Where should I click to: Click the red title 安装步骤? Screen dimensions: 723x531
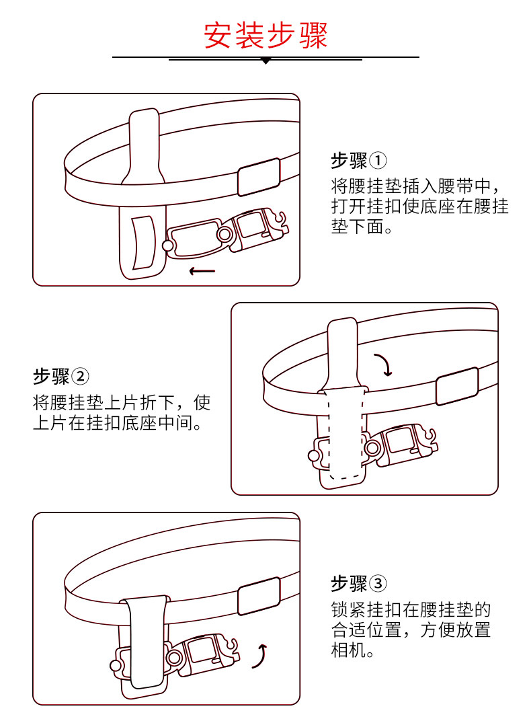point(265,36)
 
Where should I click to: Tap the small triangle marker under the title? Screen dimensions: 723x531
point(265,61)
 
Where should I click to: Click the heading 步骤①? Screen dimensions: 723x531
point(359,161)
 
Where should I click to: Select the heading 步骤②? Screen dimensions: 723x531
point(61,376)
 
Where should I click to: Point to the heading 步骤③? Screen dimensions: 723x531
point(359,582)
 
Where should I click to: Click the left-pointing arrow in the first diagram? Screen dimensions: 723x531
point(202,271)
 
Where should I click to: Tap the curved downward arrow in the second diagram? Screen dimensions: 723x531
point(385,365)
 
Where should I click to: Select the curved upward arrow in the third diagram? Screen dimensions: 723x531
point(260,656)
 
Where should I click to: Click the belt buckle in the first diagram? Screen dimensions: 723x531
point(259,176)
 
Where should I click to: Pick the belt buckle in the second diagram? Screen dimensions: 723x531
point(457,386)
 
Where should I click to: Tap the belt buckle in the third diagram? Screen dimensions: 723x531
point(259,596)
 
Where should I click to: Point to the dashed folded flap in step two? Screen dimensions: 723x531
point(345,434)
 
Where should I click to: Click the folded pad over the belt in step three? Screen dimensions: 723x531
point(146,642)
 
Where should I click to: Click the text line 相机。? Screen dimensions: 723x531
point(352,652)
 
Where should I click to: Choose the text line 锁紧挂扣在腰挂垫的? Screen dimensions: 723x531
point(411,610)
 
